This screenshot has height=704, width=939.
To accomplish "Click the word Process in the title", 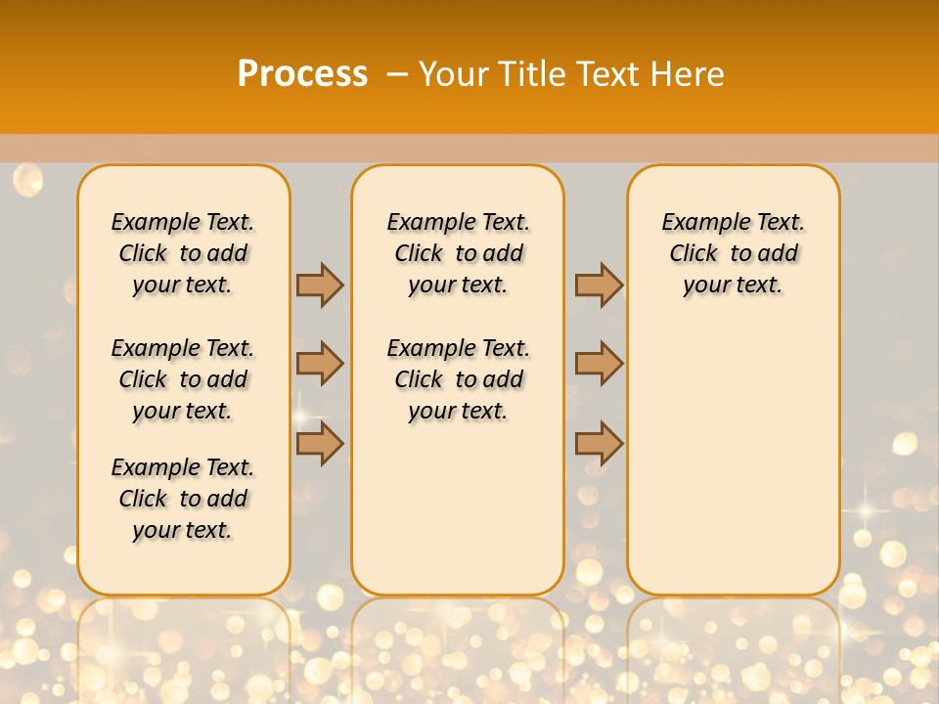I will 302,73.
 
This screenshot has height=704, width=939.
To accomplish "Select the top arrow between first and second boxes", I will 320,285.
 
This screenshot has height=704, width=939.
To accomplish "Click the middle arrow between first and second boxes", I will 320,364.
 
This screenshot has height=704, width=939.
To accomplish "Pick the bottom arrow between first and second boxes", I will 320,443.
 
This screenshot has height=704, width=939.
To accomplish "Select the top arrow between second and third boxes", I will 599,285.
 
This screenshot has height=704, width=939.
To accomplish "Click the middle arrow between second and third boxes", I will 599,364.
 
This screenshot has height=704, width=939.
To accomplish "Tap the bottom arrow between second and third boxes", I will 599,443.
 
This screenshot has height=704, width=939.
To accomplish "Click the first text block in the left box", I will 183,253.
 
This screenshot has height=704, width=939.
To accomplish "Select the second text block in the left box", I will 183,379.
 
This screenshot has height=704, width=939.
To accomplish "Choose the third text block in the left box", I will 183,499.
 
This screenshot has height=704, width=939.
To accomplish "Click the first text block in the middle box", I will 458,253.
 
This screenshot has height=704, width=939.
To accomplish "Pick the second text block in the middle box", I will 458,379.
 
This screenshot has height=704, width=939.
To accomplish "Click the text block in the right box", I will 733,253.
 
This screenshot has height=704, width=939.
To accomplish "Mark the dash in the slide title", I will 397,73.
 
